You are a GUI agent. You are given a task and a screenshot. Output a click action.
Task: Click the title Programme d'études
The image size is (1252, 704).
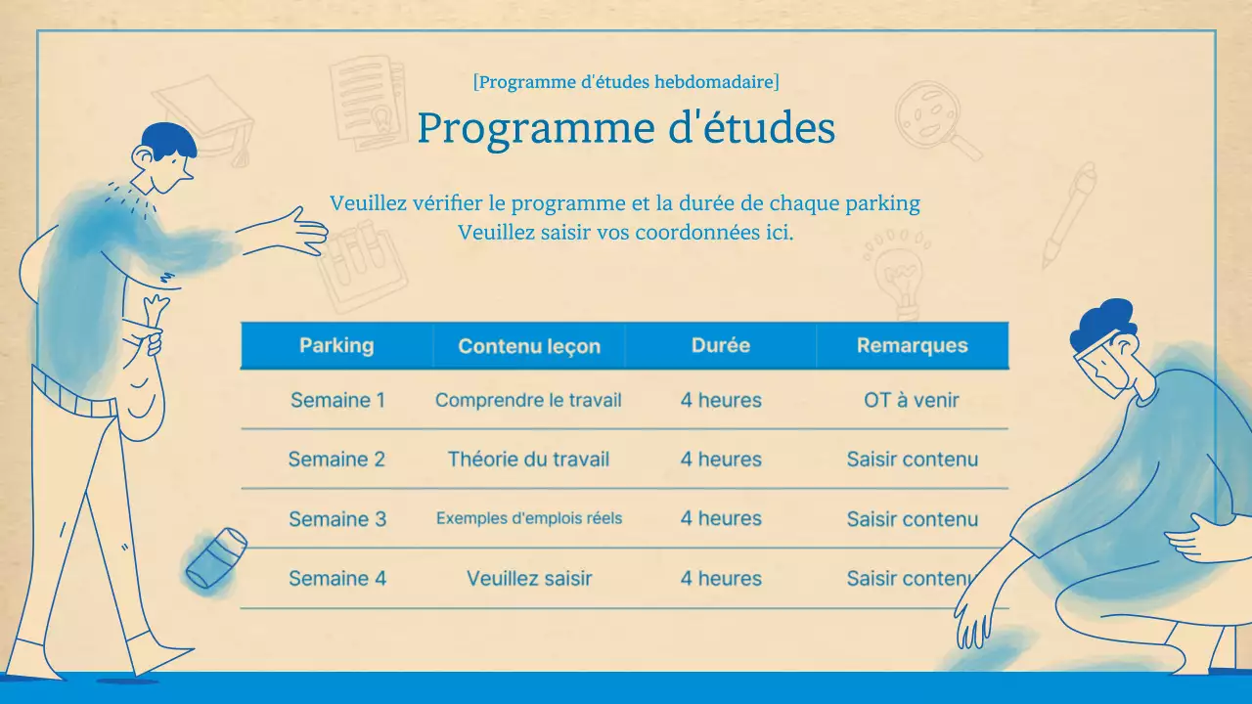click(x=626, y=129)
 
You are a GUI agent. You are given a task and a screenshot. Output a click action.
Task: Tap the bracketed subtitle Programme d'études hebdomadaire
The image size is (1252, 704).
click(x=626, y=82)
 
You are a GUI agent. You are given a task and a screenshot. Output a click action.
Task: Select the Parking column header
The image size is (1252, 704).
click(x=336, y=345)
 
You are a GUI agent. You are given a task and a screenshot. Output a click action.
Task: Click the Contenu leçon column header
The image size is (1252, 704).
click(x=529, y=346)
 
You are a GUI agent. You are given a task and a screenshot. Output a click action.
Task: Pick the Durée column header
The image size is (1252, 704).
click(x=721, y=345)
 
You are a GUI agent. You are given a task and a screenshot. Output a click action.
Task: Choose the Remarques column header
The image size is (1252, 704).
click(x=913, y=345)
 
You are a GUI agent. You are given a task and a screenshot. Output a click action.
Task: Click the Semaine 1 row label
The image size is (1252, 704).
click(x=337, y=400)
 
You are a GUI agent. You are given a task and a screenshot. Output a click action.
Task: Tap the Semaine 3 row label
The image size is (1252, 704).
click(x=337, y=519)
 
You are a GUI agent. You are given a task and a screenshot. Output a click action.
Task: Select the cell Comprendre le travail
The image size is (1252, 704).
click(x=528, y=400)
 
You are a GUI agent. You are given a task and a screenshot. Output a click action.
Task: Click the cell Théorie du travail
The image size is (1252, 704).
click(x=528, y=460)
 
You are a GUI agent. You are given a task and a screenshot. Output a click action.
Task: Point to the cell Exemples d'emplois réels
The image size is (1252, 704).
click(x=529, y=518)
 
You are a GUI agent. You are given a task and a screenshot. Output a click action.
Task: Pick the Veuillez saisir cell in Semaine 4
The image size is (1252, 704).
click(x=529, y=579)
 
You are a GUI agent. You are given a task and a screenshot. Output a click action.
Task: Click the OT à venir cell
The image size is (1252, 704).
click(x=912, y=400)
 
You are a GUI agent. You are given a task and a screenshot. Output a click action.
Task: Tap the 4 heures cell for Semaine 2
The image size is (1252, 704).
click(x=721, y=460)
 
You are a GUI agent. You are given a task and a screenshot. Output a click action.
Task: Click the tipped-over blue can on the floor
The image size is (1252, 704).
click(x=216, y=558)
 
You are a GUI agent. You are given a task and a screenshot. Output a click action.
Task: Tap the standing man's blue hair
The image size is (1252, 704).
click(x=168, y=140)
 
